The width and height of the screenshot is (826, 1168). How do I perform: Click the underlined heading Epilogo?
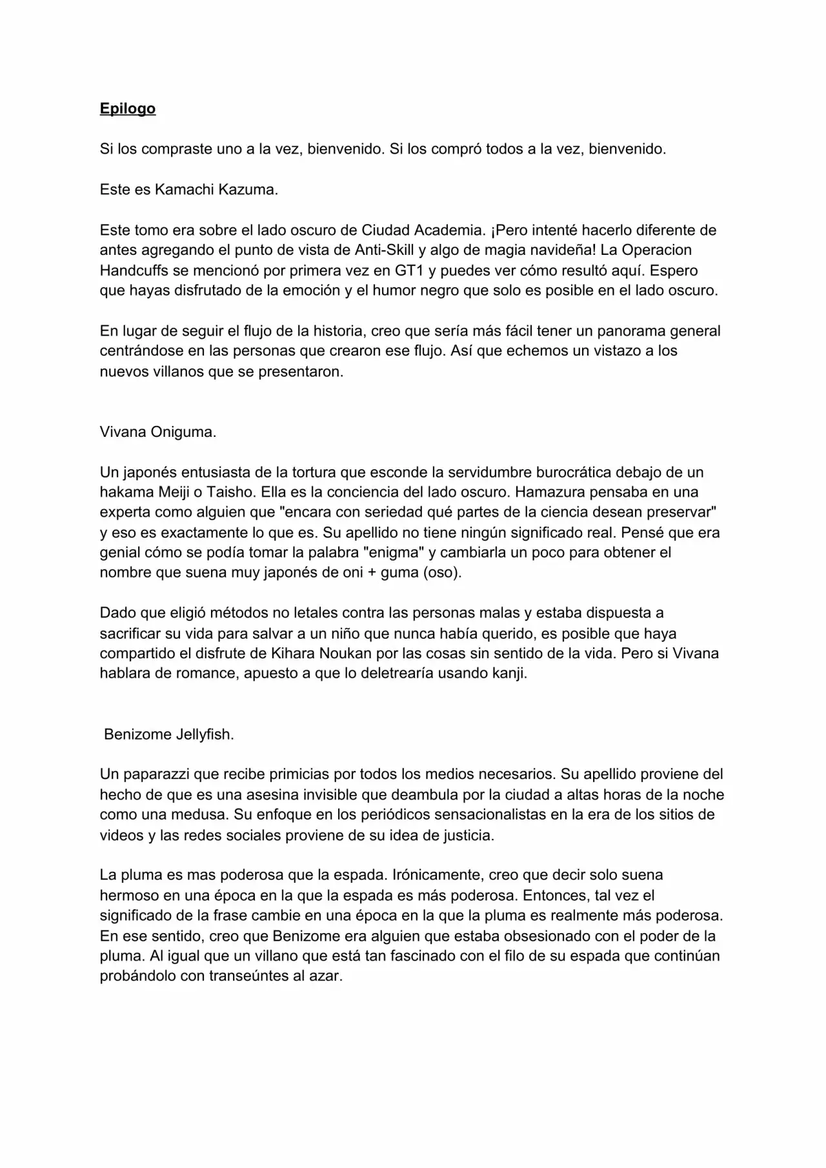pos(127,108)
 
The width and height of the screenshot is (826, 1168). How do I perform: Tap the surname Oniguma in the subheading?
pos(183,432)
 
